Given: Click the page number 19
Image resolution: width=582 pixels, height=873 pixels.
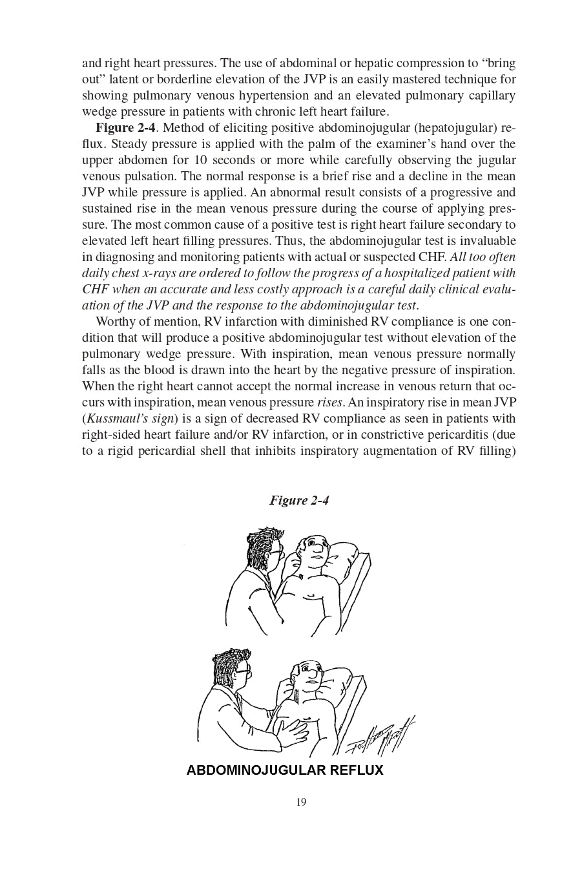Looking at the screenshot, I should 301,803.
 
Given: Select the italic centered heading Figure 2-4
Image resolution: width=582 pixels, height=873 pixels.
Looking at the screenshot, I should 300,500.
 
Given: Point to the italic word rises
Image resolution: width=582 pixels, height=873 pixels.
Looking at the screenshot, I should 329,403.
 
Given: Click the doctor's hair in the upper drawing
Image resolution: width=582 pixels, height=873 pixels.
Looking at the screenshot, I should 265,540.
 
